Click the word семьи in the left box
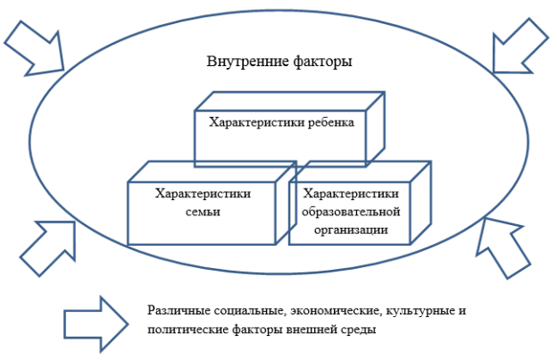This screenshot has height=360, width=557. pos(204,212)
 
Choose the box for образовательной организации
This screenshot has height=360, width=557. pos(360,203)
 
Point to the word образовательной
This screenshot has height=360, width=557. pos(351,212)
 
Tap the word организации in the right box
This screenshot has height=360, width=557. pos(351,230)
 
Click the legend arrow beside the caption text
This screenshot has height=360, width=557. pos(96,324)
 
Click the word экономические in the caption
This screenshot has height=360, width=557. pos(336,311)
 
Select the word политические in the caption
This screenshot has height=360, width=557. pos(188,330)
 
